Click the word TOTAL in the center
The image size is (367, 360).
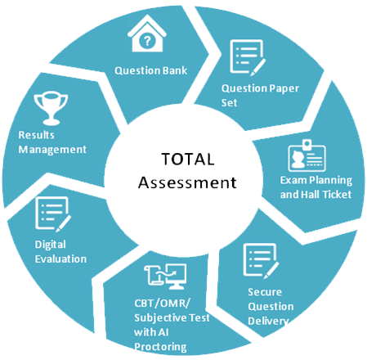[x=188, y=159]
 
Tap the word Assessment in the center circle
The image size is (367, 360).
[x=187, y=182]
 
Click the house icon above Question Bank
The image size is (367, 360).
[x=147, y=34]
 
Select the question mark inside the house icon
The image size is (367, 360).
[x=147, y=41]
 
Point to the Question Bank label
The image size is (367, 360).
[x=151, y=70]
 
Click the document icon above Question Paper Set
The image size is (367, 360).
[x=248, y=57]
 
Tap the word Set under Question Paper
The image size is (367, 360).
[x=229, y=103]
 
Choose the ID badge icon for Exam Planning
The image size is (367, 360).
[x=307, y=155]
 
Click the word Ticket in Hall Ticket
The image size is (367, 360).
[x=337, y=195]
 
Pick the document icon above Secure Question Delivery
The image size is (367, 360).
[x=261, y=261]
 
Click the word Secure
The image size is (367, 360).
[x=265, y=292]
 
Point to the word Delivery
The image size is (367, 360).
[x=268, y=321]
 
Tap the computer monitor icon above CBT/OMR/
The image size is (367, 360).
[x=177, y=277]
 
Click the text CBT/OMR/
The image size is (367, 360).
[x=163, y=304]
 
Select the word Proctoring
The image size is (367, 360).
[x=160, y=347]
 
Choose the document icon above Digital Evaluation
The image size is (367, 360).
[x=53, y=214]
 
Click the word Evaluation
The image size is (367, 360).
[x=60, y=259]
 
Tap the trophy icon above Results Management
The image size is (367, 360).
[x=51, y=108]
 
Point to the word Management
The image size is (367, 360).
[x=52, y=150]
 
